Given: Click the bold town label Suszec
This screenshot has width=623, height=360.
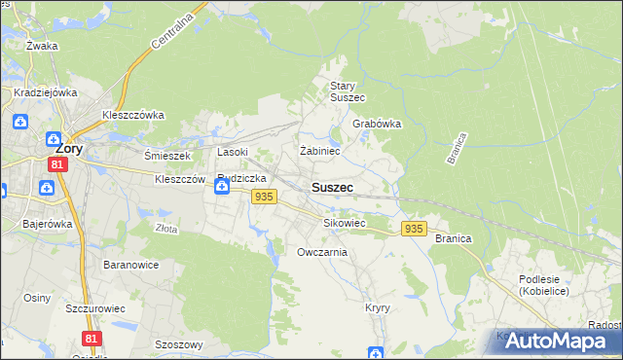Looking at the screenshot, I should pos(332,187).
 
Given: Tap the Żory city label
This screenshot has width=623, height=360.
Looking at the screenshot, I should pos(68,150).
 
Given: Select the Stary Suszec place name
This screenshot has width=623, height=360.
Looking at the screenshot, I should pos(347,91).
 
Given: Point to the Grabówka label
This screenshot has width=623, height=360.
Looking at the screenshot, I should pos(377,125).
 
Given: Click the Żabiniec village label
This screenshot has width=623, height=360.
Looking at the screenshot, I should pos(319,151).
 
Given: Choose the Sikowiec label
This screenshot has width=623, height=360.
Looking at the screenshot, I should pos(344,223).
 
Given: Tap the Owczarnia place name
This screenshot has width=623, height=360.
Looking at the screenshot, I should pos(322,252).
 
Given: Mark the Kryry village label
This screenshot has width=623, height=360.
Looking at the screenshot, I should pos(378,307).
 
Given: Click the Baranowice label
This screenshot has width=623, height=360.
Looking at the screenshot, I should pos(130,264).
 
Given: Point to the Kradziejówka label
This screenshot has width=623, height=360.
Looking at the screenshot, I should pos(45,92).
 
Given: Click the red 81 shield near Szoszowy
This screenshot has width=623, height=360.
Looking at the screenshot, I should pos(92,338).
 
